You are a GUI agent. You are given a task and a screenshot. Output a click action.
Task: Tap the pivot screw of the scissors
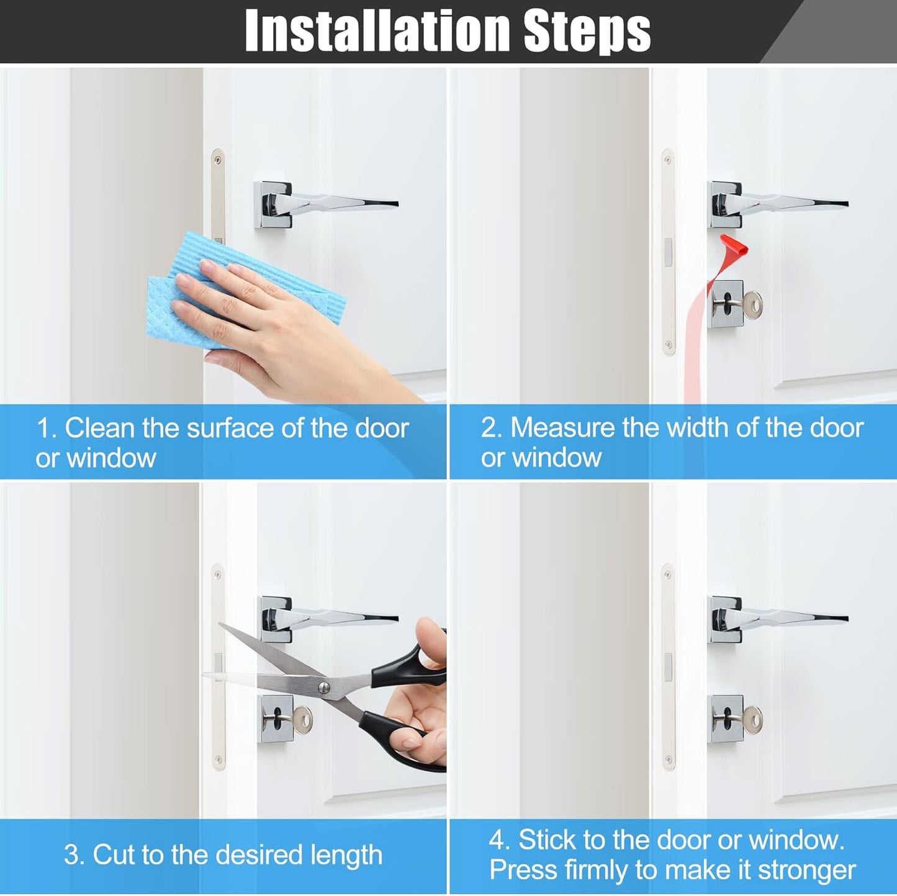323,687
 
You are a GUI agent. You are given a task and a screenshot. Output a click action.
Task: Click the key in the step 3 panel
302,720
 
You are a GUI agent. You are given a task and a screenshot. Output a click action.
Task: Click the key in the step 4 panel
752,720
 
